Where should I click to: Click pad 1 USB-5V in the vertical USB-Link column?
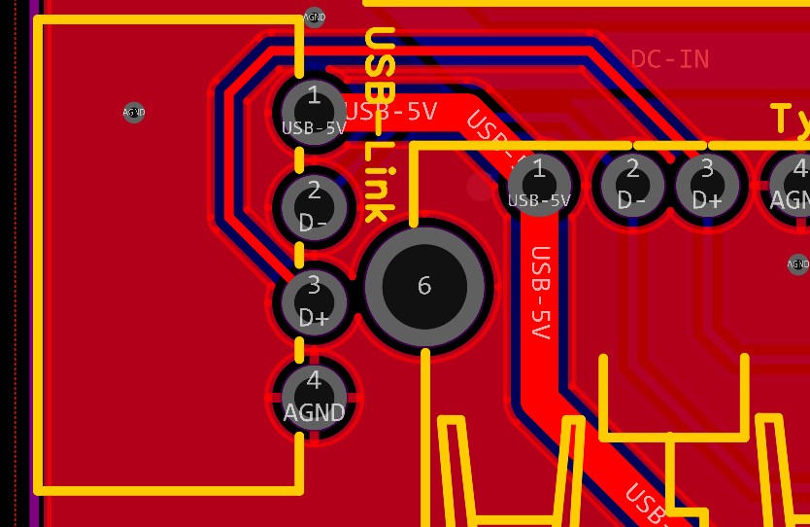point(313,111)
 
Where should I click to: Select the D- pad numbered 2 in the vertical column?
point(313,205)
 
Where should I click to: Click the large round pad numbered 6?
point(424,286)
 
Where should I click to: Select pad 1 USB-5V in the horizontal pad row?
point(539,184)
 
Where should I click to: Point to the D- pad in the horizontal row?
point(632,184)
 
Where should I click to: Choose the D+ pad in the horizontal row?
point(707,184)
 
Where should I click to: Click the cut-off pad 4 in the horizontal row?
point(792,184)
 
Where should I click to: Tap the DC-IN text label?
point(670,59)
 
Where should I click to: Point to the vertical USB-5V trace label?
point(541,293)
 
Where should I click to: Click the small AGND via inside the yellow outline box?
point(134,113)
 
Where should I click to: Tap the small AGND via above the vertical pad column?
point(315,17)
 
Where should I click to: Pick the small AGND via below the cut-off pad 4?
point(797,263)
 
